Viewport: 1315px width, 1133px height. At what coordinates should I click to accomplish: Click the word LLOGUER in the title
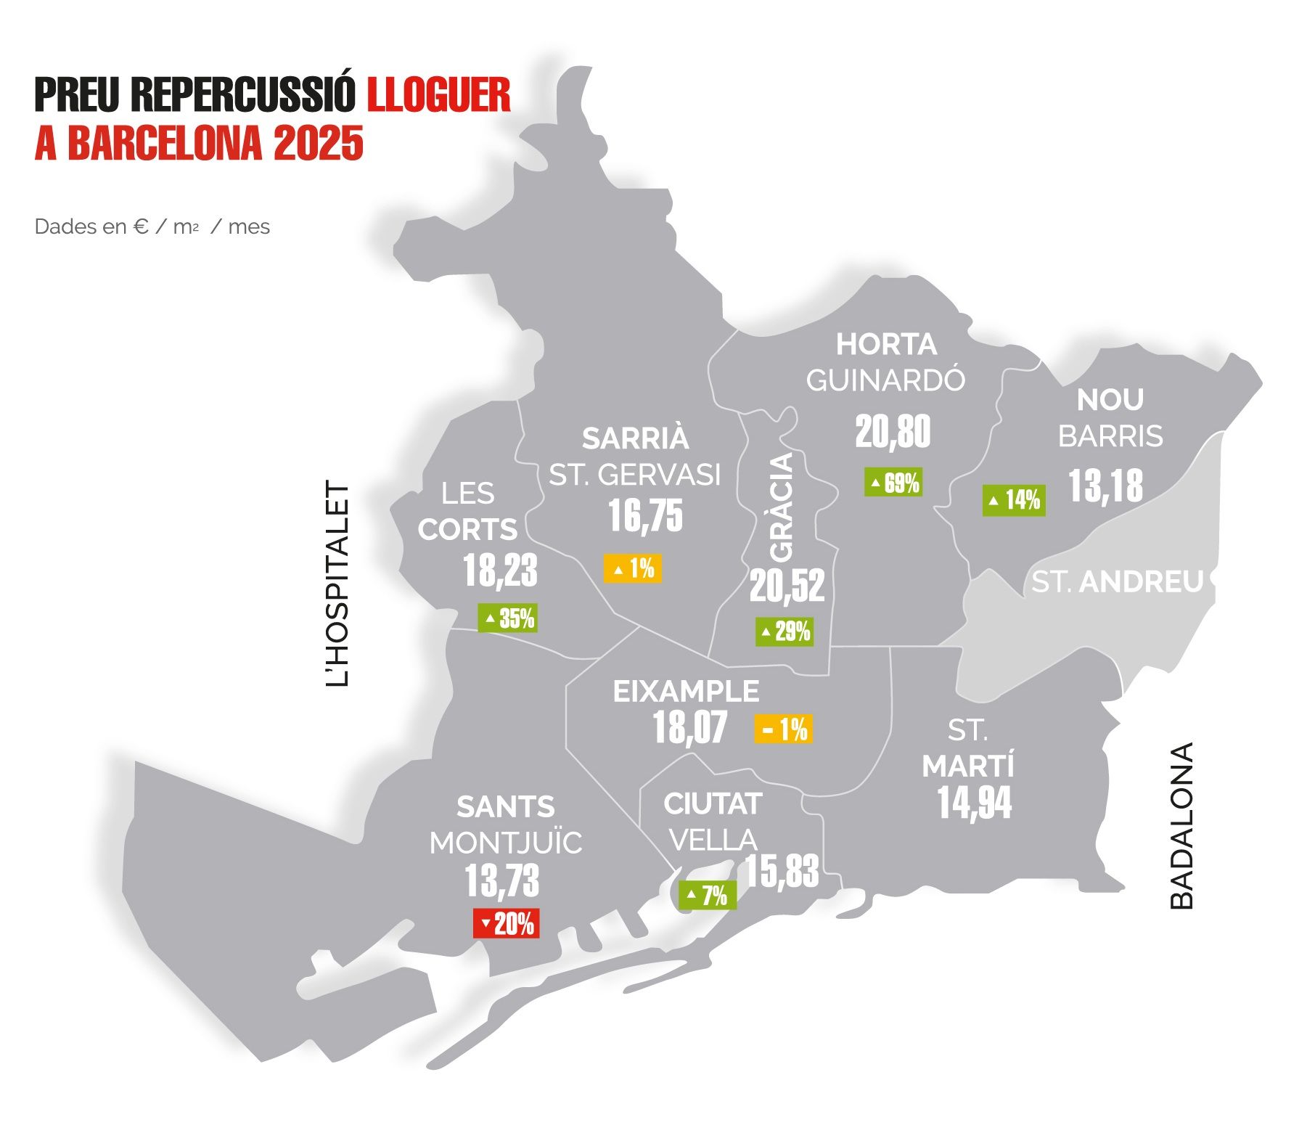[438, 94]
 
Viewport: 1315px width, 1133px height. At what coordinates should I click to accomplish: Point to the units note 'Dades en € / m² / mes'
[152, 227]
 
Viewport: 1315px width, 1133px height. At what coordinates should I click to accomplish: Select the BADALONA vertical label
[1181, 825]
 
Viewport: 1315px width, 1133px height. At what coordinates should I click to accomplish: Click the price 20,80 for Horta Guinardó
[892, 433]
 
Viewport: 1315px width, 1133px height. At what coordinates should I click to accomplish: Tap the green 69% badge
[893, 483]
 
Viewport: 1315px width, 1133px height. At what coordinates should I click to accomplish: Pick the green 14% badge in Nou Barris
[1014, 500]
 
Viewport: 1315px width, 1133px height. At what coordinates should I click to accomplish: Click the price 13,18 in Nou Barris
[1105, 486]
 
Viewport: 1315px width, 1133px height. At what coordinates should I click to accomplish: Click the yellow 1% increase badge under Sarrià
[633, 568]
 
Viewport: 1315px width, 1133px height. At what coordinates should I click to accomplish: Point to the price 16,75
[645, 516]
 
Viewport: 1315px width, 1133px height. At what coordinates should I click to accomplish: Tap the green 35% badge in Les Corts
[507, 618]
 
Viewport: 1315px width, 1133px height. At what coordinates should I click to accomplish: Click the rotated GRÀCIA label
[782, 507]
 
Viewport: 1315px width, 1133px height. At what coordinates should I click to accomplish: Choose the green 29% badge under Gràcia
[784, 631]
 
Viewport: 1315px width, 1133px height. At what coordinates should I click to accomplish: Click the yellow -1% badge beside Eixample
[784, 729]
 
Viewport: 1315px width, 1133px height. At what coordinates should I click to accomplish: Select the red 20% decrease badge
[506, 924]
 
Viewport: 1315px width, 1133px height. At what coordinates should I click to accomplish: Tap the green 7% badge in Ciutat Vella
[708, 896]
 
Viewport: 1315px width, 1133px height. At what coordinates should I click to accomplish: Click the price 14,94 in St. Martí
[974, 803]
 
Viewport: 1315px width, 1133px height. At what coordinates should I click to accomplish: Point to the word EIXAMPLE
[686, 692]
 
